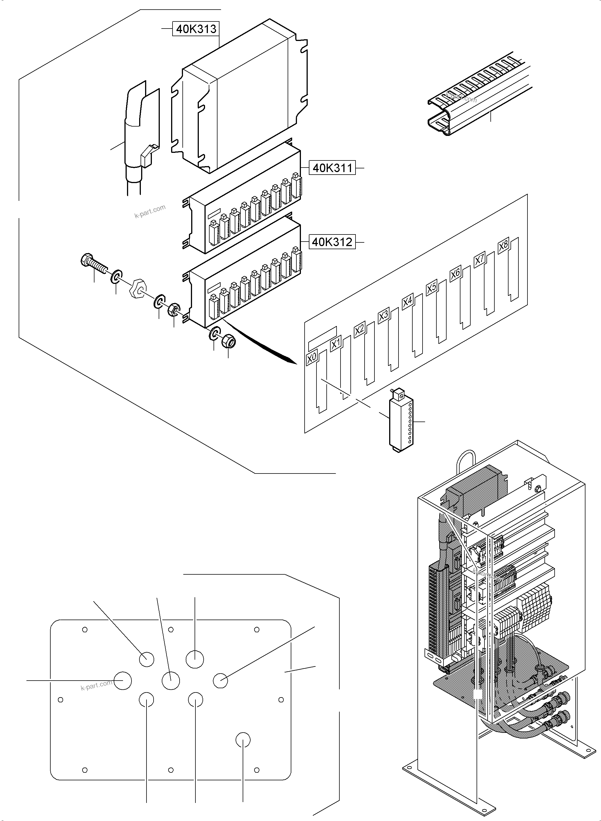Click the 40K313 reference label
click(196, 29)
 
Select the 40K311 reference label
click(332, 168)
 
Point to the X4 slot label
click(408, 302)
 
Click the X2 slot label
click(359, 330)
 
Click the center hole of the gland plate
click(171, 680)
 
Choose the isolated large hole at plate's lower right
click(243, 740)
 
